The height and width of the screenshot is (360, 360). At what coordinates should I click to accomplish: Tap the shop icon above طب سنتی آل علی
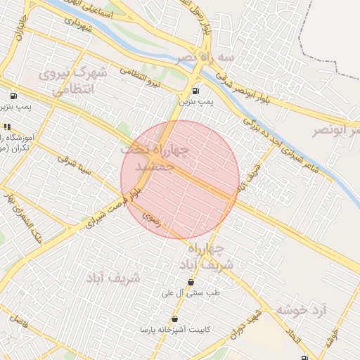191,282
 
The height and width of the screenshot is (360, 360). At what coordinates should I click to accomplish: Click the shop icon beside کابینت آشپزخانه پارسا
174,319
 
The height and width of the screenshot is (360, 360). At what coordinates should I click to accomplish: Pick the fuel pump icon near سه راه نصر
195,90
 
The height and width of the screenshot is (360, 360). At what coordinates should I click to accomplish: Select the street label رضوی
151,220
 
